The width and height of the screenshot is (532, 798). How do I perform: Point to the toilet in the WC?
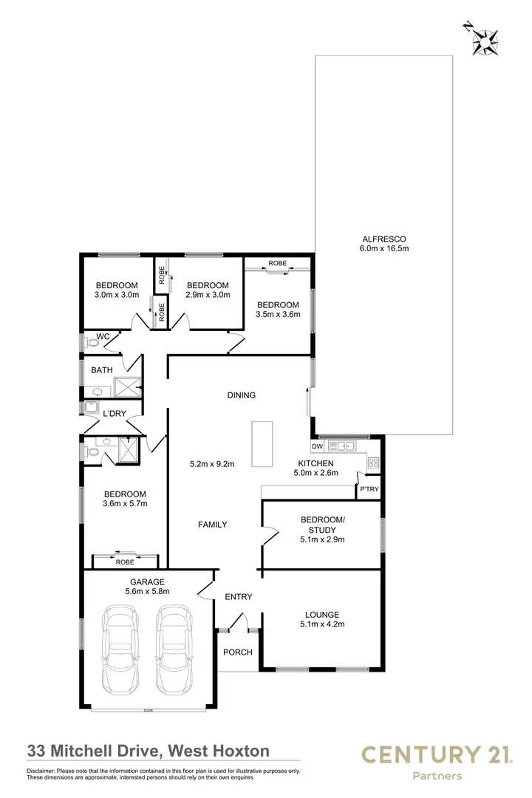tap(92, 341)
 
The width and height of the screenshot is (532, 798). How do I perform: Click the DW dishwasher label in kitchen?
tap(317, 447)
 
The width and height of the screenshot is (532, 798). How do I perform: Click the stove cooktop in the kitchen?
tap(373, 463)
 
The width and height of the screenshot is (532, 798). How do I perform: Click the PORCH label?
tap(237, 652)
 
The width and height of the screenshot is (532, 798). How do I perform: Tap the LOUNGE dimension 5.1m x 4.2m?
tap(321, 624)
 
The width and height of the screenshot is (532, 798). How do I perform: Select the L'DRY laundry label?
tap(115, 413)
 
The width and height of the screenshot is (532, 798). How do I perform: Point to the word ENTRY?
tap(239, 597)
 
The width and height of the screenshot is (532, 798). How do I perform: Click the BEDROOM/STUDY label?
tap(321, 525)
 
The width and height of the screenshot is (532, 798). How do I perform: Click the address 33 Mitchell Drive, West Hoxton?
tap(148, 751)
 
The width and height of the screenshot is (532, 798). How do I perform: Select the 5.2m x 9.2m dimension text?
tap(212, 464)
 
